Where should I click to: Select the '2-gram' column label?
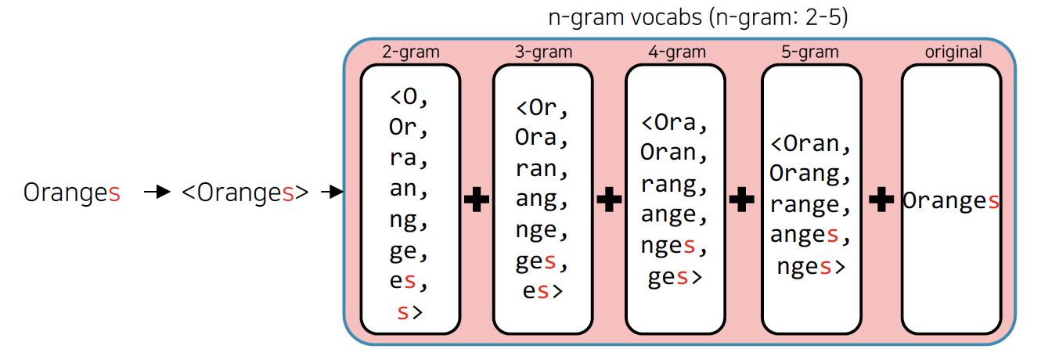tap(411, 52)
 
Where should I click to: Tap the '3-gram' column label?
tap(544, 52)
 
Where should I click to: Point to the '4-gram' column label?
tap(677, 52)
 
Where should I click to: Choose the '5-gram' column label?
tap(810, 52)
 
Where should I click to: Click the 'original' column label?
tap(953, 52)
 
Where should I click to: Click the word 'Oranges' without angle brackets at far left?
tap(72, 193)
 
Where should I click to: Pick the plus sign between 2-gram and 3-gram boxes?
tap(477, 200)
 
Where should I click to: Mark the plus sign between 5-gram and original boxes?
tap(881, 200)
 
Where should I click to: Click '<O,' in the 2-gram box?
tap(410, 98)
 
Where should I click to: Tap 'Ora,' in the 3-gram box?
tap(542, 137)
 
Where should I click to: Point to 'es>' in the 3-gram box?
tap(542, 291)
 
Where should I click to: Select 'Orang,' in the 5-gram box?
tap(809, 174)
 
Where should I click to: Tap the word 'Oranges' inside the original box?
tap(951, 201)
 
